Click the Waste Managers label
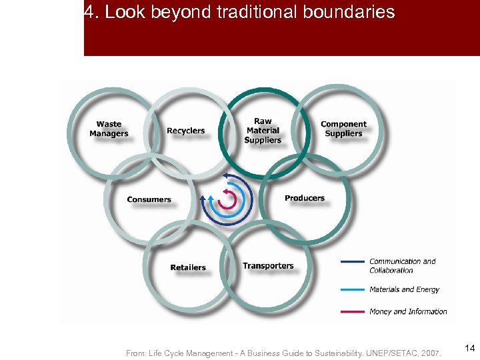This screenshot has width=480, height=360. [109, 129]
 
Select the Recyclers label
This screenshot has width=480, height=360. [186, 131]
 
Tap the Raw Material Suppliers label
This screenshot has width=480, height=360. [263, 131]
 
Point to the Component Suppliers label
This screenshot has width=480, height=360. [343, 129]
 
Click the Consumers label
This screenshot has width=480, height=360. [149, 199]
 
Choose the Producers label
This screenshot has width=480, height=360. [305, 198]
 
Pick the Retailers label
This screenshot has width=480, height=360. [188, 267]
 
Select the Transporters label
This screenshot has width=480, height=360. [268, 266]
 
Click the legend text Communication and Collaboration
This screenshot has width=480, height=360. [402, 265]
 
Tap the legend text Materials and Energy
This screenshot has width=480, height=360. [404, 289]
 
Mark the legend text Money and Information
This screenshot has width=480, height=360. [408, 311]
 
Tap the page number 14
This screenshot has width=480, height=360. [470, 348]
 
